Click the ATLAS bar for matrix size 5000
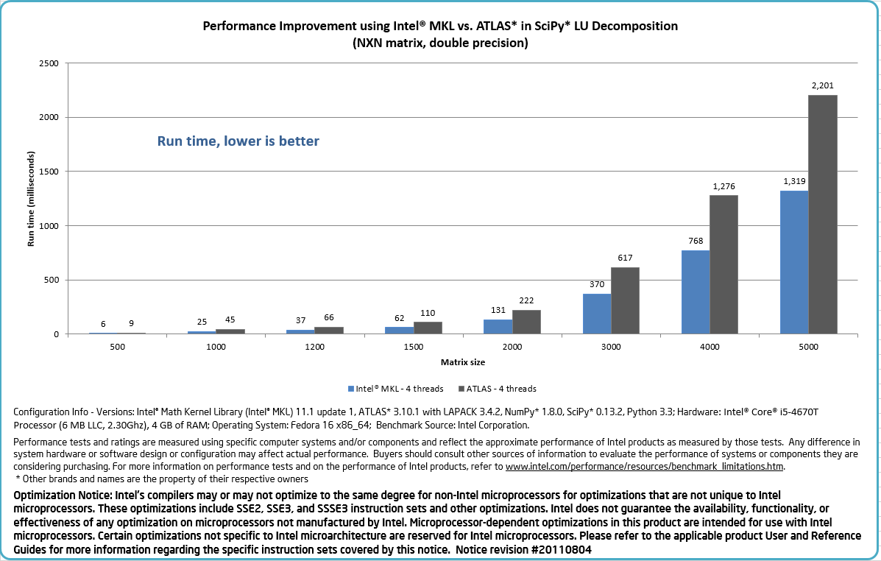click(x=823, y=214)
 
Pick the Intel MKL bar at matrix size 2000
click(x=498, y=327)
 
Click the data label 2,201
click(x=823, y=85)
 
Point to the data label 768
click(x=696, y=241)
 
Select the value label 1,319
click(x=794, y=181)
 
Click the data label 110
click(x=427, y=312)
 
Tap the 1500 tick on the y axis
click(x=49, y=172)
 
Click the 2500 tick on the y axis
click(x=49, y=63)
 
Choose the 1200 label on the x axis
click(x=315, y=346)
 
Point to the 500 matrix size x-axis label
click(x=117, y=346)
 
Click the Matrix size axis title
click(x=462, y=362)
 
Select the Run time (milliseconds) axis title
click(x=31, y=198)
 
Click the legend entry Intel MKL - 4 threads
click(x=396, y=388)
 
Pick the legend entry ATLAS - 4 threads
click(x=498, y=388)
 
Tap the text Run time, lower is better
click(x=238, y=141)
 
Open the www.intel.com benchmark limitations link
click(x=645, y=466)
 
